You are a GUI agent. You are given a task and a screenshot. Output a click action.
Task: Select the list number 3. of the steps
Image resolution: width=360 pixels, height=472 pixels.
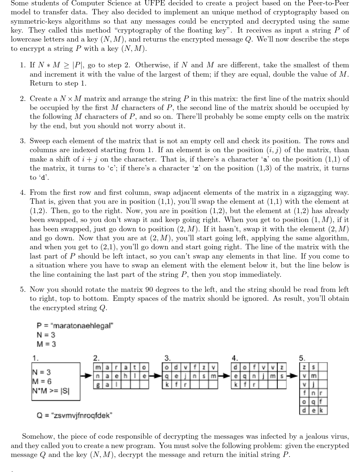coord(23,141)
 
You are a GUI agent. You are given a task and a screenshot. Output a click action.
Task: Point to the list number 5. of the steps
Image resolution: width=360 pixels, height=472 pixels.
coord(23,289)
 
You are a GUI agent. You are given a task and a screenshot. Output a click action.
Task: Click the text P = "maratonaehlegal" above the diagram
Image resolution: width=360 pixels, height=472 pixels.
coord(75,326)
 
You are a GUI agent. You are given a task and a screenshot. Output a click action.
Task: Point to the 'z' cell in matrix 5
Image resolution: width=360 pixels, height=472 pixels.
coord(304,367)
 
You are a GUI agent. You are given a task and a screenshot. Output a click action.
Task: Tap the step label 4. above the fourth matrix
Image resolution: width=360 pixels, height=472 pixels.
coord(234,358)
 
